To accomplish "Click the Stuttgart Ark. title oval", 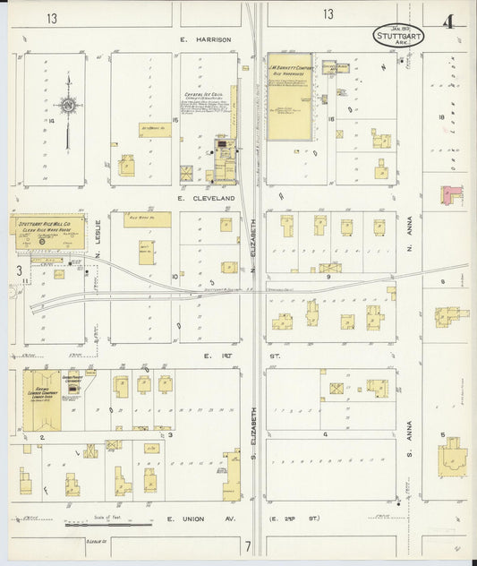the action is [x=398, y=35].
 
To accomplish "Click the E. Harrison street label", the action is [x=205, y=39].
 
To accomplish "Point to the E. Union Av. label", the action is [x=198, y=519].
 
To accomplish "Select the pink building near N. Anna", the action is [x=452, y=193].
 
